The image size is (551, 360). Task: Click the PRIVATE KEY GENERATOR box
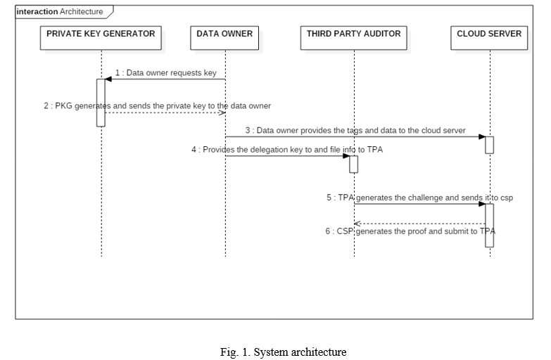click(101, 38)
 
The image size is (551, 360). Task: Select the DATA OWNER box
click(224, 38)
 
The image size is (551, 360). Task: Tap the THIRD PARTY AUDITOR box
click(354, 38)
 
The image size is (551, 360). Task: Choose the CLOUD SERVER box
click(489, 38)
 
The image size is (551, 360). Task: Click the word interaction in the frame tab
click(37, 11)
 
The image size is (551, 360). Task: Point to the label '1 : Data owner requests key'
click(166, 72)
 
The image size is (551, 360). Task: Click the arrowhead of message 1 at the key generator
click(108, 79)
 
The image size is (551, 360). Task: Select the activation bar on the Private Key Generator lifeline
click(101, 103)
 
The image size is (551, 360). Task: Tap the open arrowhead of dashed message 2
click(222, 112)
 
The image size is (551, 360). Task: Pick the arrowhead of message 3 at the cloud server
click(482, 136)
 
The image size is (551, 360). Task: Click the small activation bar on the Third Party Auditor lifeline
click(353, 165)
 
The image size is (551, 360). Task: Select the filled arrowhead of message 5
click(482, 204)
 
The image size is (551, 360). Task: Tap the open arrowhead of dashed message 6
click(357, 224)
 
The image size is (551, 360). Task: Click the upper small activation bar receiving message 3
click(490, 145)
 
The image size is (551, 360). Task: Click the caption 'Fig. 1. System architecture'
click(283, 352)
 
